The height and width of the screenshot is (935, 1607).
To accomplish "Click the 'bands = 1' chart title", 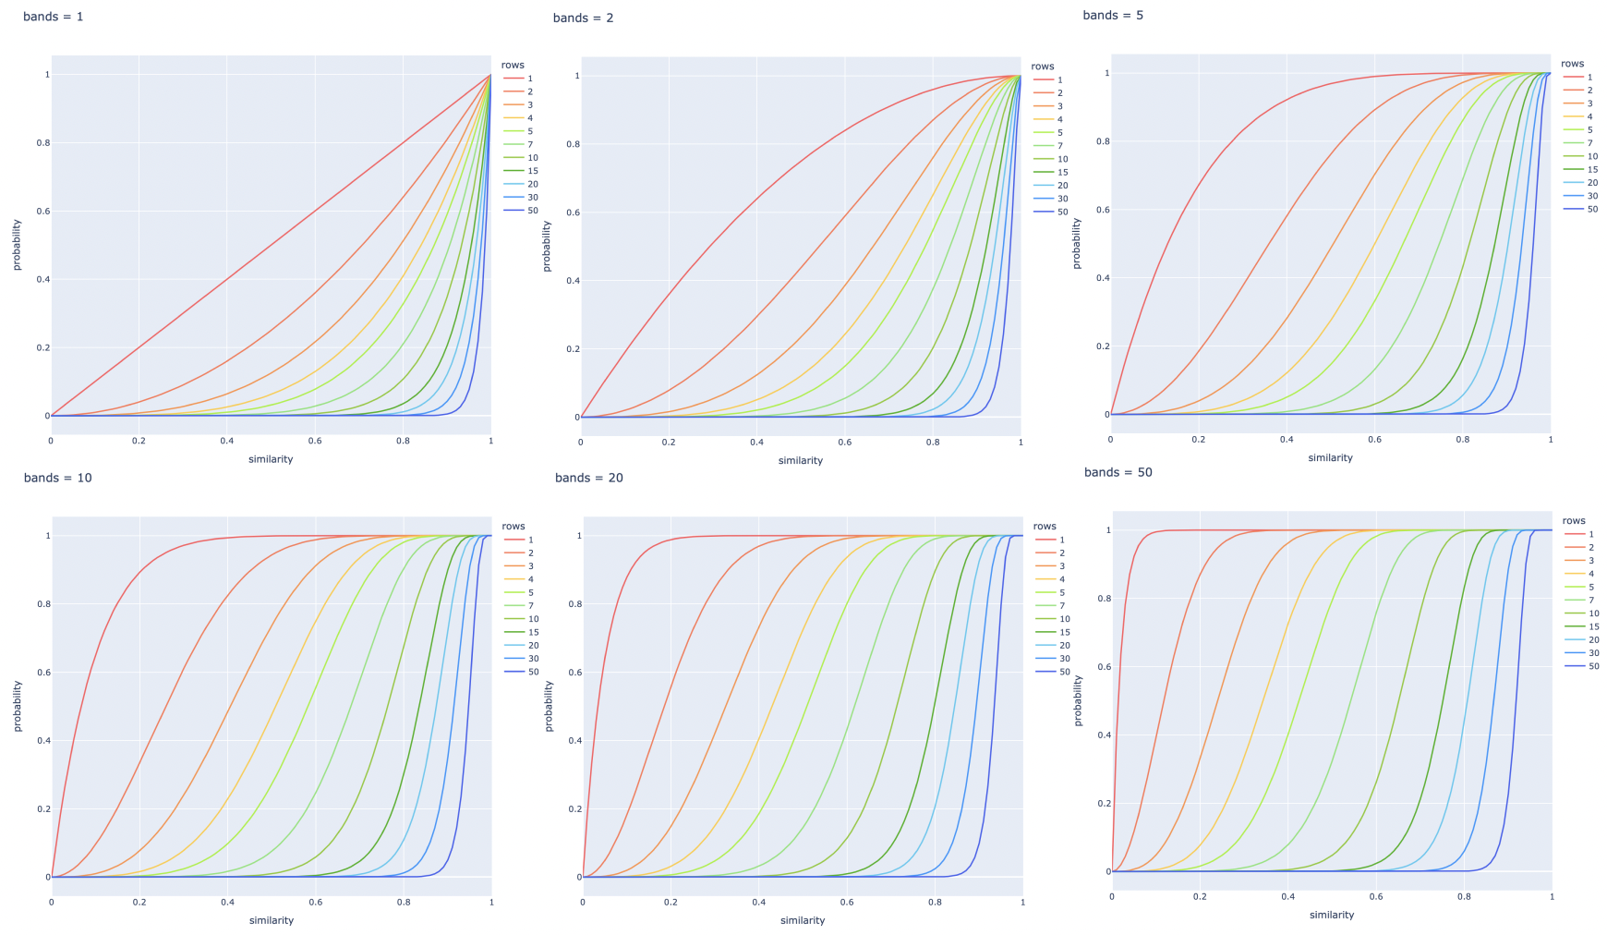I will click(x=54, y=17).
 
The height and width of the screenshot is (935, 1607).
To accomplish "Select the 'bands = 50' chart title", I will click(x=1118, y=472).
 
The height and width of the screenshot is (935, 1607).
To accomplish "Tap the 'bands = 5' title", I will click(x=1113, y=16).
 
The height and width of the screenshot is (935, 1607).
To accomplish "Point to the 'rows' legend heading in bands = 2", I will click(x=1043, y=67).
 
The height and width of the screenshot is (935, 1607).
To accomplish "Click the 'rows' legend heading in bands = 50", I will click(x=1574, y=521).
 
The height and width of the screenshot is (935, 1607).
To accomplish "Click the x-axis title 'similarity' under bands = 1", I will click(x=271, y=459).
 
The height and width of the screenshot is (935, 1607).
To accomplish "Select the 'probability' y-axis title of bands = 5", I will click(x=1077, y=244).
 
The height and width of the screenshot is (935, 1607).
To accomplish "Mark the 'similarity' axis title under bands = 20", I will click(x=803, y=920).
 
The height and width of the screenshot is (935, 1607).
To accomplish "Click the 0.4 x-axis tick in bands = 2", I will click(x=756, y=443).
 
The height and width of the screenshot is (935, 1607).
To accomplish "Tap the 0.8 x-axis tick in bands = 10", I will click(x=404, y=903).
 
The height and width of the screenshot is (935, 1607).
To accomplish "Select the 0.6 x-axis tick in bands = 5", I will click(x=1374, y=440).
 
